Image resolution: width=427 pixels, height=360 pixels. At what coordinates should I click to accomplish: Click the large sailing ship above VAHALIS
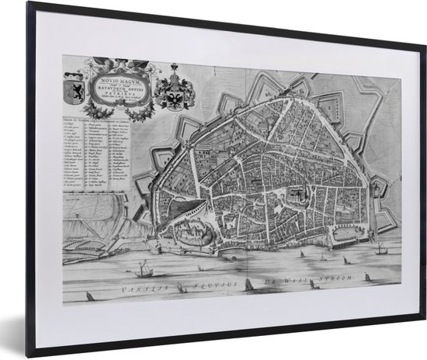point(143,270)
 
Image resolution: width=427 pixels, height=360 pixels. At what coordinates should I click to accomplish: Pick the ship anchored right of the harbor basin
point(380,250)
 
